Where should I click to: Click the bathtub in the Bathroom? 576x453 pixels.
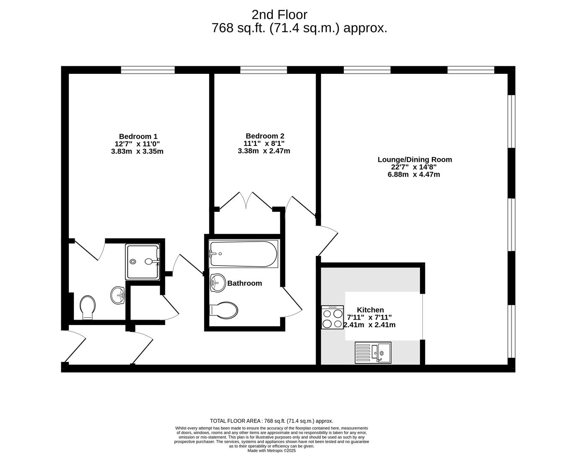coord(243,254)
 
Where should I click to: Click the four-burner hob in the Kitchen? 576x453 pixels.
coord(332,318)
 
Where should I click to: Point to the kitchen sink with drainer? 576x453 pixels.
coord(373,352)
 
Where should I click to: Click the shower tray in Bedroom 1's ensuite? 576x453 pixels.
coord(143,262)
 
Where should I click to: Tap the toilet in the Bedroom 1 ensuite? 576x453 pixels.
coord(88,307)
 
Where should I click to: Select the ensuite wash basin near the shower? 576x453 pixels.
coord(118,295)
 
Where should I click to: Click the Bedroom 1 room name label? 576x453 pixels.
coord(138,136)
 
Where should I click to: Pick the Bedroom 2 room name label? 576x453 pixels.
coord(265,136)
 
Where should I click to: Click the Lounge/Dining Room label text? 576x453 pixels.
coord(415,159)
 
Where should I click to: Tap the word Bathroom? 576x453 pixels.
coord(244,283)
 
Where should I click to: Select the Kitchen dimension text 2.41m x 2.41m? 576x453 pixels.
coord(369,325)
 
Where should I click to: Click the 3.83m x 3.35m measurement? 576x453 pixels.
coord(137,151)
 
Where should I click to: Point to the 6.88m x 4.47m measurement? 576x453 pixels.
coord(414,174)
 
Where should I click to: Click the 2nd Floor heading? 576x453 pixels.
coord(279,15)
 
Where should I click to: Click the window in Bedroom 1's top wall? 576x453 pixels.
coord(148,70)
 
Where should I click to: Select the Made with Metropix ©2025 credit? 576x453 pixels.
coord(272,450)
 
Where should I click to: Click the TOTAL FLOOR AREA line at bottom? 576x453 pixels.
coord(271,421)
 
